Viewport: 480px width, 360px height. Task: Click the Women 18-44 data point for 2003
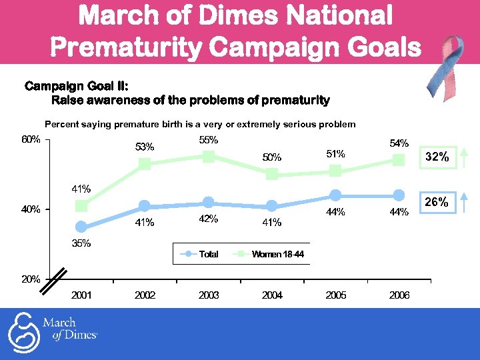[x=209, y=157]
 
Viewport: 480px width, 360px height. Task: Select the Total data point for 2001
[x=81, y=227]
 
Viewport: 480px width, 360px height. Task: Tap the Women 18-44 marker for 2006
[x=399, y=160]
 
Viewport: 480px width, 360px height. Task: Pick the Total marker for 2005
[x=335, y=195]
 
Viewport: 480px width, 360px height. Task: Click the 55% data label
[x=209, y=141]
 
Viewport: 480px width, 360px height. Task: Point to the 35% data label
[x=81, y=244]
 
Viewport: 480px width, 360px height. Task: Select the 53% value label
[x=145, y=147]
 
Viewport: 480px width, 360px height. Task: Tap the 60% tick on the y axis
[x=31, y=140]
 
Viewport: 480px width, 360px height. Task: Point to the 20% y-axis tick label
[x=31, y=279]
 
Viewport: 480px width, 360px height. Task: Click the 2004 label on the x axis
[x=272, y=295]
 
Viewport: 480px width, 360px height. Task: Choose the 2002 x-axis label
[x=145, y=295]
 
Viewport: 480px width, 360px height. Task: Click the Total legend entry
[x=201, y=254]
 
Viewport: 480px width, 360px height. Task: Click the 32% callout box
[x=437, y=158]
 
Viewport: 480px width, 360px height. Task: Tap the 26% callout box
[x=437, y=202]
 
